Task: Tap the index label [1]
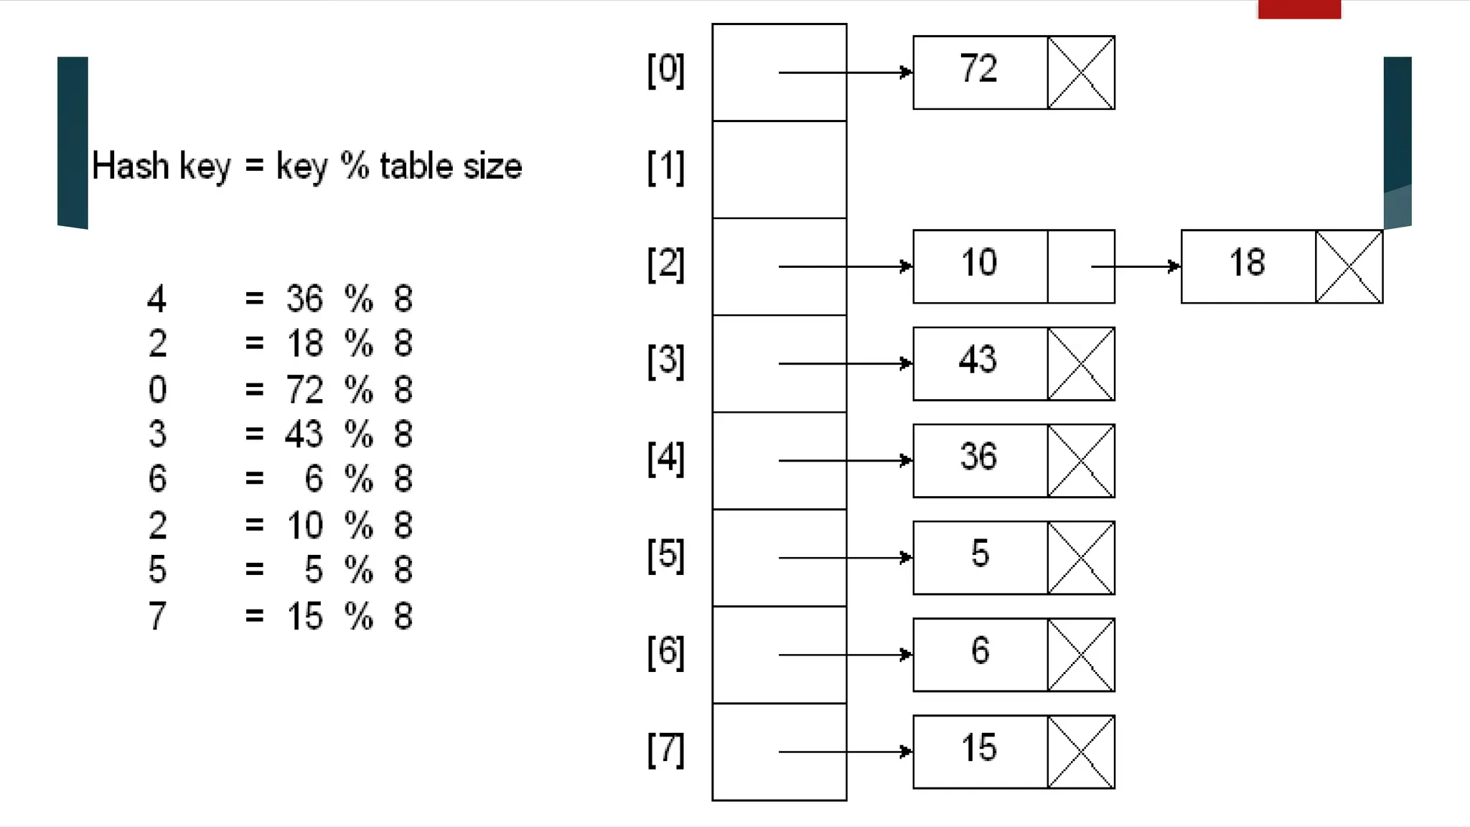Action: point(665,168)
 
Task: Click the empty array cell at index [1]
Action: point(780,169)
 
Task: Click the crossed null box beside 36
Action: point(1081,460)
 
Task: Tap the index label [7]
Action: point(665,750)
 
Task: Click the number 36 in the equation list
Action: point(304,299)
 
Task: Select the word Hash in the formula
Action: point(130,166)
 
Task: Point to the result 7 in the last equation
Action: point(157,616)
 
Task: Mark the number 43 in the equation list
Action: point(304,434)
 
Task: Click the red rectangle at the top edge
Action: point(1299,9)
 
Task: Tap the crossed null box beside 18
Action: point(1349,266)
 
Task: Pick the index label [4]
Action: point(665,459)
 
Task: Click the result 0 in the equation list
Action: point(157,390)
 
